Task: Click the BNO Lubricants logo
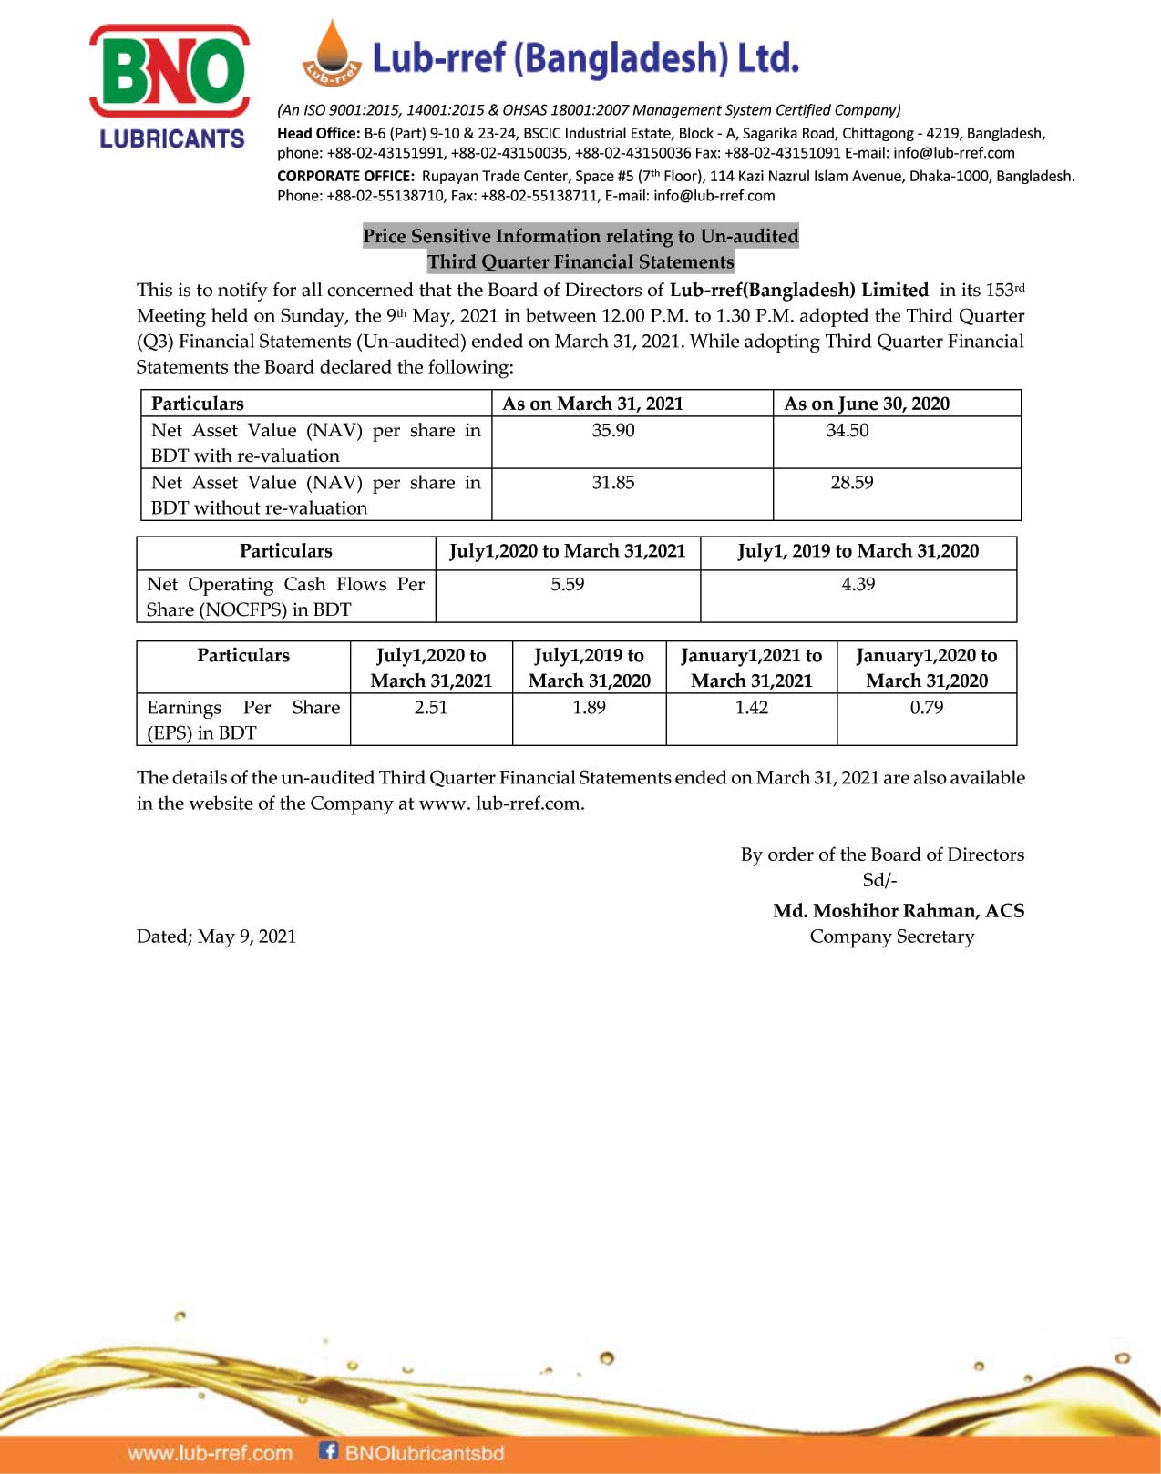(170, 87)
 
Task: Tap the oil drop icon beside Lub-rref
(333, 54)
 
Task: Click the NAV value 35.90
(613, 430)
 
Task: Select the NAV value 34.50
(848, 430)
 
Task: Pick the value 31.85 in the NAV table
(613, 482)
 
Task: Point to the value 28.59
(852, 482)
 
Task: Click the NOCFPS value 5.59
(567, 584)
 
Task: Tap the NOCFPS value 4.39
(858, 584)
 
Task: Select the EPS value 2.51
(431, 707)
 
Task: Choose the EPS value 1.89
(589, 707)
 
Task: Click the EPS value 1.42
(752, 707)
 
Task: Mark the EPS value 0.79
(927, 707)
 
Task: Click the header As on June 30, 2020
(867, 404)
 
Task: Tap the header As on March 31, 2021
(592, 404)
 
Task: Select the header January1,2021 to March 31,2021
(752, 668)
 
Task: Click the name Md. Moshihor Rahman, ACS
(899, 910)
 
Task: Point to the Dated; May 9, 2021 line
(216, 937)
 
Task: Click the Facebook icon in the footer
(328, 1450)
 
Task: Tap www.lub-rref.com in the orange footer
(211, 1453)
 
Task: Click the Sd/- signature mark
(879, 880)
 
